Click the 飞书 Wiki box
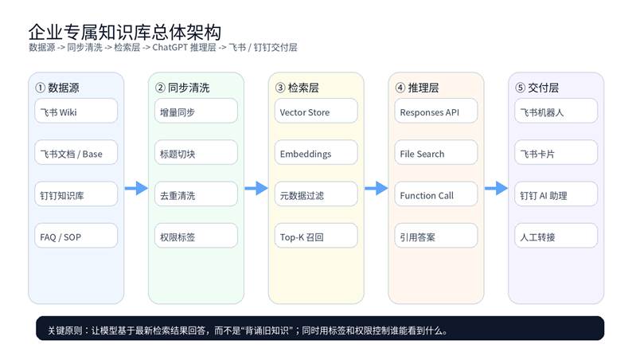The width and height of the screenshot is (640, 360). pyautogui.click(x=76, y=112)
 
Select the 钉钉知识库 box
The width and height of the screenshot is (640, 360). pyautogui.click(x=76, y=194)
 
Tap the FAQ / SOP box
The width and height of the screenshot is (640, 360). pyautogui.click(x=76, y=236)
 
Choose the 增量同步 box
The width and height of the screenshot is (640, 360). pyautogui.click(x=196, y=112)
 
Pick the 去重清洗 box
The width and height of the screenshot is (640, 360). pyautogui.click(x=196, y=194)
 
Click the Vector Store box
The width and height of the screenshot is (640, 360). pyautogui.click(x=316, y=112)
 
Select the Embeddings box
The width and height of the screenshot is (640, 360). pyautogui.click(x=316, y=153)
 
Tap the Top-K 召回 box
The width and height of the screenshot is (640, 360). pyautogui.click(x=316, y=236)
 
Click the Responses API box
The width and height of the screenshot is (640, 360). pyautogui.click(x=436, y=112)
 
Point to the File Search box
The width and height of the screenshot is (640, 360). pyautogui.click(x=436, y=153)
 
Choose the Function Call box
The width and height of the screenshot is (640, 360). pyautogui.click(x=436, y=194)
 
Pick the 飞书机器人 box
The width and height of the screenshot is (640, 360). pyautogui.click(x=556, y=112)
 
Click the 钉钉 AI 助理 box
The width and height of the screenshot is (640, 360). pyautogui.click(x=556, y=194)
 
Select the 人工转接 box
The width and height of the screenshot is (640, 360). pyautogui.click(x=556, y=236)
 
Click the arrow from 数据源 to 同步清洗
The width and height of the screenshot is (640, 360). pyautogui.click(x=136, y=188)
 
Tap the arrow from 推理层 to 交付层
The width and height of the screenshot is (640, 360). pyautogui.click(x=496, y=188)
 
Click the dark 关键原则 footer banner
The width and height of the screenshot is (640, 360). pyautogui.click(x=320, y=328)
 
